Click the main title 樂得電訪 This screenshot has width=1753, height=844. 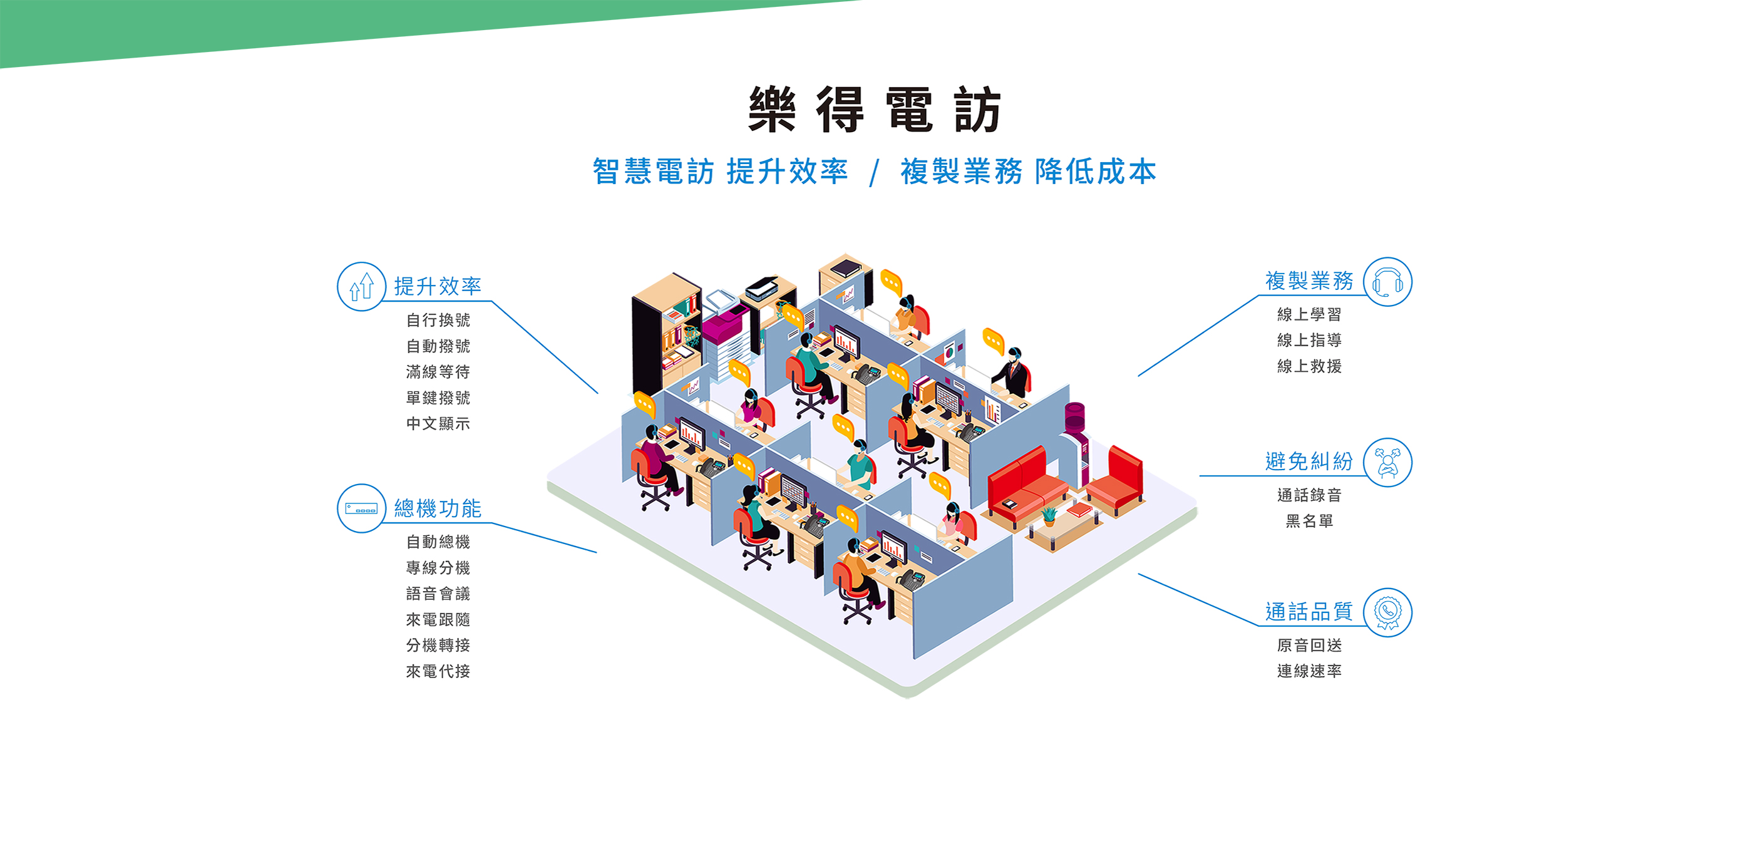875,110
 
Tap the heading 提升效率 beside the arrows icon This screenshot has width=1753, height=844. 438,286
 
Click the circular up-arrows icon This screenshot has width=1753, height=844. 361,287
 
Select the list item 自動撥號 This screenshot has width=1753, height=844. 438,346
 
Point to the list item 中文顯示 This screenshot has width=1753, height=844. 438,423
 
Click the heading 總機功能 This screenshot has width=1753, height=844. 438,508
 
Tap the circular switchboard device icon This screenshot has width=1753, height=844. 361,508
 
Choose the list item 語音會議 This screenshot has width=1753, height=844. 438,594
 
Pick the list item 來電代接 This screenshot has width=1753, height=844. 438,671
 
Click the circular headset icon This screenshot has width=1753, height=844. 1387,282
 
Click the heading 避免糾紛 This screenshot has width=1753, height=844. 1308,461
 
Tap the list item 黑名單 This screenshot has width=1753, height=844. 1308,521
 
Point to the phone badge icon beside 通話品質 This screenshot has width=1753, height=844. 1387,612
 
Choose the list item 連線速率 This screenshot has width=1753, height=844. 1308,671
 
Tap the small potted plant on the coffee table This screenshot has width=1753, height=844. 1049,515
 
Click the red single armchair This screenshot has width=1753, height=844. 1117,480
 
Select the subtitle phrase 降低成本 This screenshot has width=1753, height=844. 1095,172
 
